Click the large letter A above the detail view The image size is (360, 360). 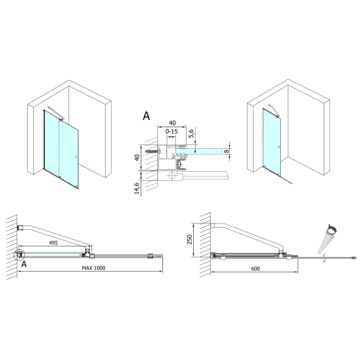point(146,115)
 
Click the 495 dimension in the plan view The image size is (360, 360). point(52,244)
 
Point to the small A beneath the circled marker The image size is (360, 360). point(24,264)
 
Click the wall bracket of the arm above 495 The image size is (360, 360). point(20,227)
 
